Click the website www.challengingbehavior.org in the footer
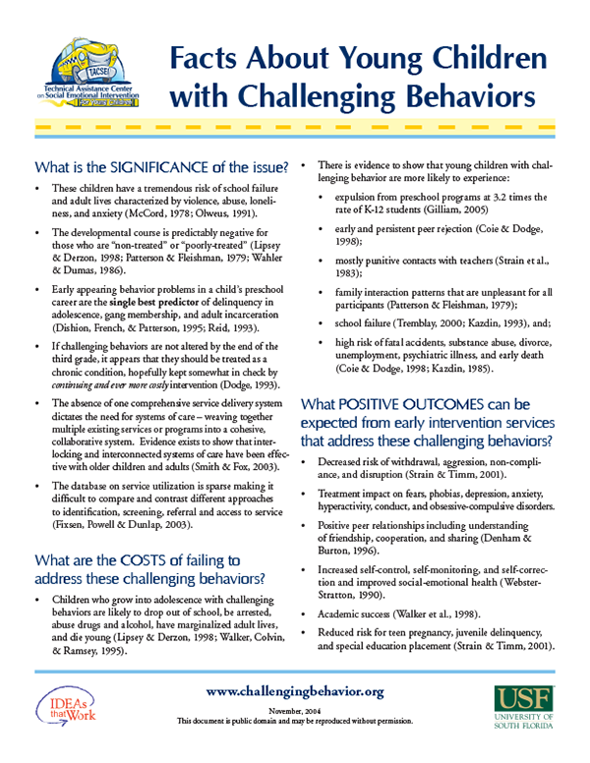pos(296,692)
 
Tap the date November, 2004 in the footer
pos(295,711)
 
